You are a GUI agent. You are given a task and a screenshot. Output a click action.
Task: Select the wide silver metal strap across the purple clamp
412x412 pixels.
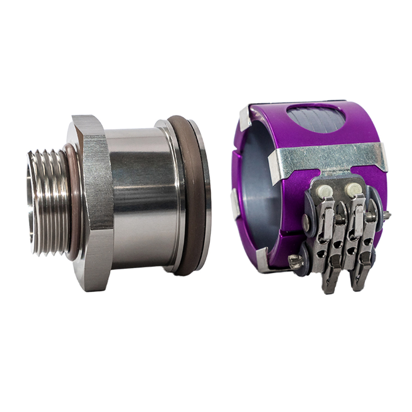[x=330, y=159]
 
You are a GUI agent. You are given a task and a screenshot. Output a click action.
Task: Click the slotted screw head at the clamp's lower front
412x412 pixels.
[x=295, y=261]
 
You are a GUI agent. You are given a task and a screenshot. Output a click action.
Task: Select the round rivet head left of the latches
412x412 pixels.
[x=306, y=222]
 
